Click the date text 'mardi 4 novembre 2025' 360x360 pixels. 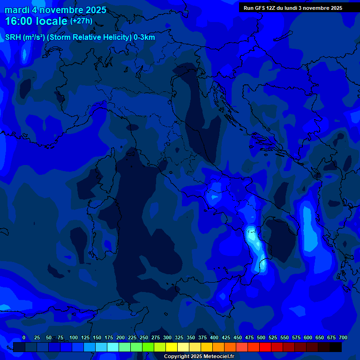(55, 10)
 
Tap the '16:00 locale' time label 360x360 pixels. (36, 22)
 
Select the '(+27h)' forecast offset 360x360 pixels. (81, 21)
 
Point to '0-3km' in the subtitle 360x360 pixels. (144, 37)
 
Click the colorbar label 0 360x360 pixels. (24, 338)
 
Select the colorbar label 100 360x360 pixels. (74, 338)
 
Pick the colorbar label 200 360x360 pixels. (120, 338)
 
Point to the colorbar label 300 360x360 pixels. (167, 338)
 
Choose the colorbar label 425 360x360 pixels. (226, 338)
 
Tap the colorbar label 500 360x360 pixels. (261, 338)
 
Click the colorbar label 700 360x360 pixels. (343, 338)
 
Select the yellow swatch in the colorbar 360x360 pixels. (172, 347)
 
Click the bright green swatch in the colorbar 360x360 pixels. (148, 347)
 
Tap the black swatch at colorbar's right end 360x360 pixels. (336, 347)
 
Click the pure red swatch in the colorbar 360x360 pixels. (265, 347)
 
